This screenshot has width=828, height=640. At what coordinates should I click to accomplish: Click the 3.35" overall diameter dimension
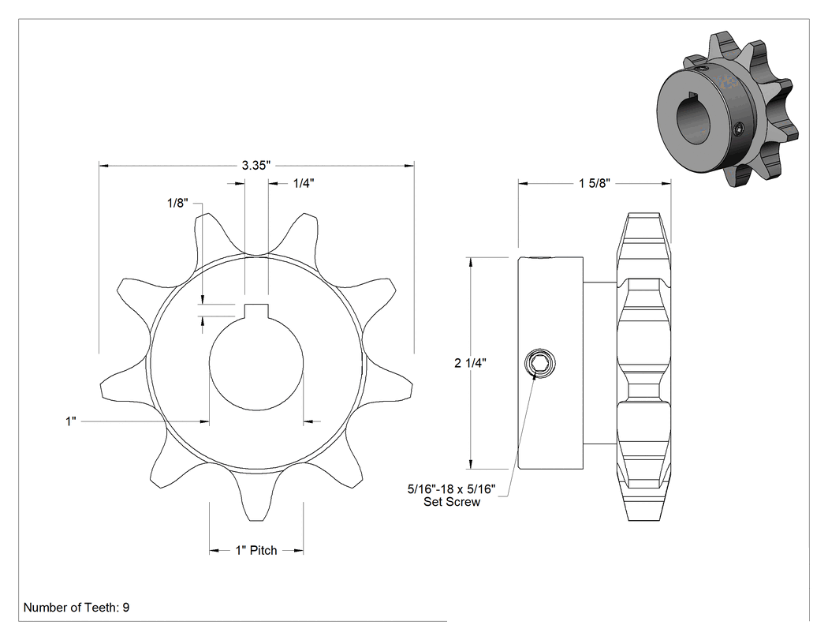[x=256, y=166]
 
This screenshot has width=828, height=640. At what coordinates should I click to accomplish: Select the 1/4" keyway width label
[x=304, y=183]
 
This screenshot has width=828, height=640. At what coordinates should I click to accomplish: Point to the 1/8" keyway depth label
[x=178, y=203]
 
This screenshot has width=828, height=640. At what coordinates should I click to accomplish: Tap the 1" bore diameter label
[x=71, y=421]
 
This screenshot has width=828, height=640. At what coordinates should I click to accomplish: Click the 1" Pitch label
[x=256, y=550]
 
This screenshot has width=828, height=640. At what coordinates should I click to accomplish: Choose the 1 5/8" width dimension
[x=595, y=183]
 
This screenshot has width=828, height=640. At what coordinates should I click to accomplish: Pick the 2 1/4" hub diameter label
[x=470, y=362]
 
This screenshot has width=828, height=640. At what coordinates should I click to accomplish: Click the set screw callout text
[x=452, y=496]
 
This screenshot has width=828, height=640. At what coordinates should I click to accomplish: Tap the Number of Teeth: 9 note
[x=76, y=607]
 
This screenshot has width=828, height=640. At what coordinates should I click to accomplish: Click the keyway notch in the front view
[x=256, y=312]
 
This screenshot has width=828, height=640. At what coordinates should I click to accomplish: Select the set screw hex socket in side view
[x=539, y=364]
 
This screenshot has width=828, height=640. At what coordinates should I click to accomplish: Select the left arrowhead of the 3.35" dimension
[x=104, y=166]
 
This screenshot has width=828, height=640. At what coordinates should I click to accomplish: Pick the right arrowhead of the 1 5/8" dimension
[x=666, y=183]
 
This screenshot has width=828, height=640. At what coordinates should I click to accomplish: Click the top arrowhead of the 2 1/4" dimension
[x=470, y=262]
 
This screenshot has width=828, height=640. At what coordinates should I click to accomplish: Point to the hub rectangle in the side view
[x=550, y=363]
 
